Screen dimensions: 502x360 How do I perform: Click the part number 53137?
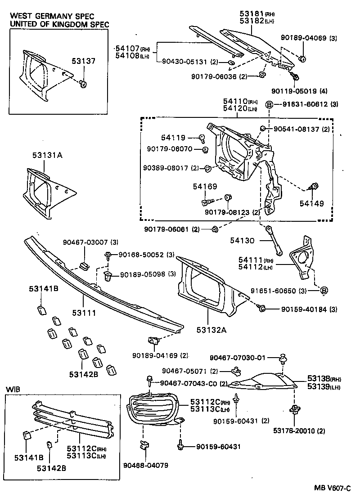tap(84, 61)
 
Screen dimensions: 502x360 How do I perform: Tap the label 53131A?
tap(47, 156)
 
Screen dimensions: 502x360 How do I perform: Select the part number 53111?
tap(84, 312)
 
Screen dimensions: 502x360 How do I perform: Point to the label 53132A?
tap(211, 331)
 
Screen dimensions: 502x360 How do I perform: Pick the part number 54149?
tap(312, 203)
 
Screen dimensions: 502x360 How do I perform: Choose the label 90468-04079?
tap(146, 465)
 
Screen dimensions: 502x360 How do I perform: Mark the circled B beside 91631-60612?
tap(269, 104)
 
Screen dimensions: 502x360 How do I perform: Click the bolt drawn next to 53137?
tap(84, 83)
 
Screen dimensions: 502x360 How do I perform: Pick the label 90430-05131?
tap(184, 62)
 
